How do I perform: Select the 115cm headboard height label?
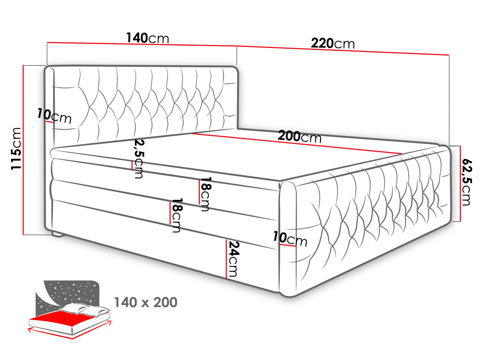tap(16, 148)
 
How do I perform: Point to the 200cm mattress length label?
tap(300, 136)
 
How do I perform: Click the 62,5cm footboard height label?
tap(466, 183)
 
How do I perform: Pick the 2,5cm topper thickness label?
tap(139, 159)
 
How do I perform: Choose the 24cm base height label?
tap(233, 259)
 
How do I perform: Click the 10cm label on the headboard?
tap(54, 116)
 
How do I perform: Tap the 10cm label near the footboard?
tap(290, 239)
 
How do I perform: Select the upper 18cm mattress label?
tap(205, 194)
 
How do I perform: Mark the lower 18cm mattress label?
tap(177, 215)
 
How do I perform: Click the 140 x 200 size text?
tap(145, 302)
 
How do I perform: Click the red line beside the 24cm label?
tap(226, 259)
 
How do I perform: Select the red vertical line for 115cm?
tap(23, 150)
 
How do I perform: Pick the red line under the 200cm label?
tap(297, 144)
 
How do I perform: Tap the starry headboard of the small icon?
tap(70, 293)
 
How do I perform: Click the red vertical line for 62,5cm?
tap(460, 184)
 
